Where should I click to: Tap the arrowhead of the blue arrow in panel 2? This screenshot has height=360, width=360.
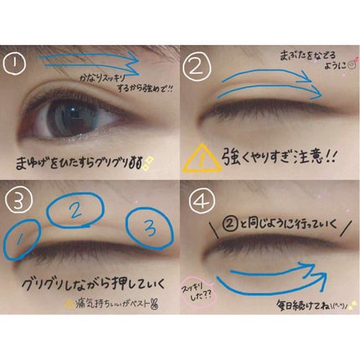coord(314,85)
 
